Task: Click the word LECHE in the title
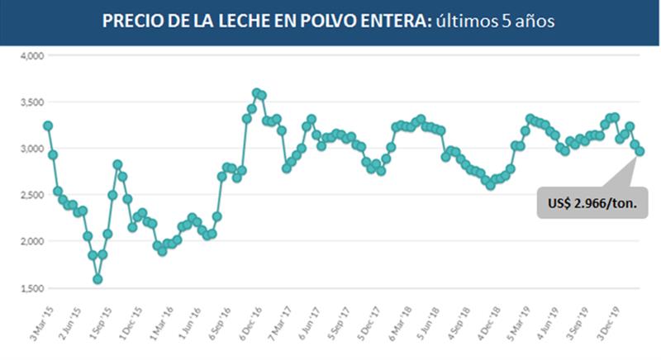[x=251, y=21]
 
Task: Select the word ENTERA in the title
[x=395, y=21]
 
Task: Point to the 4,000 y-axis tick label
[x=31, y=56]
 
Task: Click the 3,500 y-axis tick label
[x=31, y=102]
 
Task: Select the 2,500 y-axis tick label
[x=31, y=195]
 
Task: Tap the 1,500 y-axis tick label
[x=31, y=288]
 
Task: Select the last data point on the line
[x=640, y=151]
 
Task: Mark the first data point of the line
[x=48, y=126]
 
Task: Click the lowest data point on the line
[x=97, y=279]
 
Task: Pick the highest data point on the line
[x=256, y=92]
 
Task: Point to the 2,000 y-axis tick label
[x=31, y=241]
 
